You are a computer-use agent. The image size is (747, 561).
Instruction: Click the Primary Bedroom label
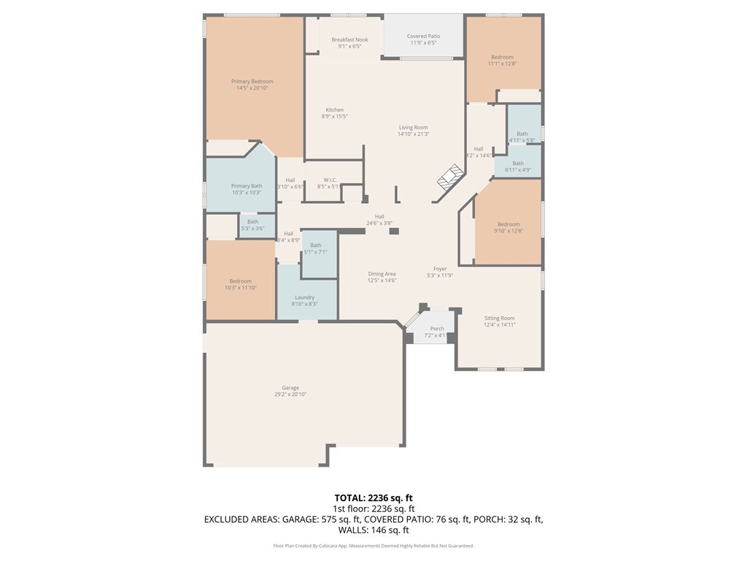pyautogui.click(x=252, y=82)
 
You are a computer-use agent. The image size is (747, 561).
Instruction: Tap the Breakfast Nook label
pyautogui.click(x=349, y=40)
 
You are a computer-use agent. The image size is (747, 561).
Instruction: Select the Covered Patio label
pyautogui.click(x=423, y=37)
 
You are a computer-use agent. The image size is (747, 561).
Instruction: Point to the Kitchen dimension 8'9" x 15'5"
pyautogui.click(x=334, y=116)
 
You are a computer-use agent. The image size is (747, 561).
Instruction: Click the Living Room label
pyautogui.click(x=413, y=128)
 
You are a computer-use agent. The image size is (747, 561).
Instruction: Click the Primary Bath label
pyautogui.click(x=246, y=186)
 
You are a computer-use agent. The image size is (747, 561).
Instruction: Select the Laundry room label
pyautogui.click(x=304, y=297)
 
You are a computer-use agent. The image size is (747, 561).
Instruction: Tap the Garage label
pyautogui.click(x=290, y=388)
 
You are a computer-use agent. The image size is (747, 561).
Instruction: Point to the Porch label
pyautogui.click(x=437, y=329)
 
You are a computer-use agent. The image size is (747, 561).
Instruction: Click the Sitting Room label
pyautogui.click(x=500, y=318)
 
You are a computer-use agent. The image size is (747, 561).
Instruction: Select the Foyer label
pyautogui.click(x=440, y=269)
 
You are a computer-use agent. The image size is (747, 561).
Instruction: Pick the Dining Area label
pyautogui.click(x=382, y=274)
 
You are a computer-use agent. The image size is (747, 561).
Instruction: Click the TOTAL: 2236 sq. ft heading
pyautogui.click(x=373, y=497)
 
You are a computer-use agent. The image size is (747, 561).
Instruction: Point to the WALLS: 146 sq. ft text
pyautogui.click(x=373, y=530)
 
